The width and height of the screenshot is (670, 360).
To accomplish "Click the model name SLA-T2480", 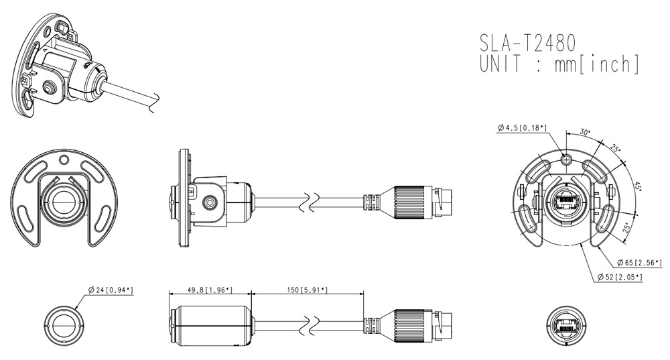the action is (527, 43).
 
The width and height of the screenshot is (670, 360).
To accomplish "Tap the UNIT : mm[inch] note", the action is (559, 64).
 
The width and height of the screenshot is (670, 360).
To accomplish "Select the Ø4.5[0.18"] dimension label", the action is (522, 127).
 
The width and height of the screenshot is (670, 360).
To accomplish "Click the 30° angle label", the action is (585, 132).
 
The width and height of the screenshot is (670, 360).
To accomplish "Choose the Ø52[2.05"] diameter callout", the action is (620, 277).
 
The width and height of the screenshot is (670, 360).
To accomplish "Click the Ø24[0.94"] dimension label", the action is (111, 290).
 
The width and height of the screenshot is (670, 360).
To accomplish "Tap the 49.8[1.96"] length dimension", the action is (210, 290).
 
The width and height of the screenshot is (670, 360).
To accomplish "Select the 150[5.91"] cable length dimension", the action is (307, 290).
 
